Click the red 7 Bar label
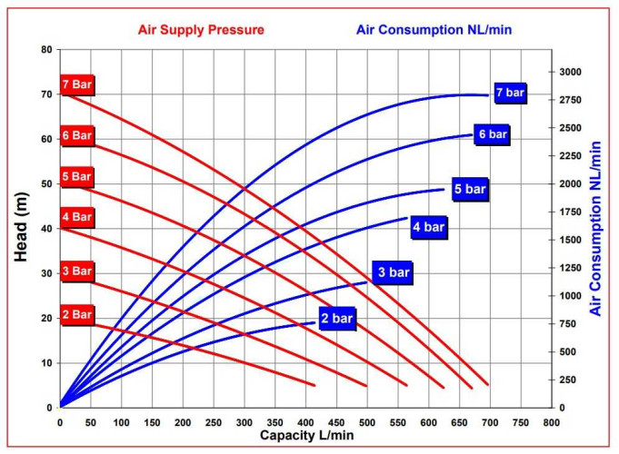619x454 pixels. point(77,85)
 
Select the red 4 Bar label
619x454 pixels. point(77,218)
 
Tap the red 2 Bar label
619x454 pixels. point(77,315)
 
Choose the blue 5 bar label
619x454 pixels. point(470,189)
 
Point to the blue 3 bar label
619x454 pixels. point(394,272)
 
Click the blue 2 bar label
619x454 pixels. point(335,319)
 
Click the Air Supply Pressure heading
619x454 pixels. point(201,30)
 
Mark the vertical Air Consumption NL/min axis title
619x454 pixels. point(596,229)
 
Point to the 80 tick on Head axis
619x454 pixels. point(46,49)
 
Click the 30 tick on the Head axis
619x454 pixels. point(46,273)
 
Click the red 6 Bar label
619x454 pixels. point(77,136)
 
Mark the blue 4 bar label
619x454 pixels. point(428,228)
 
